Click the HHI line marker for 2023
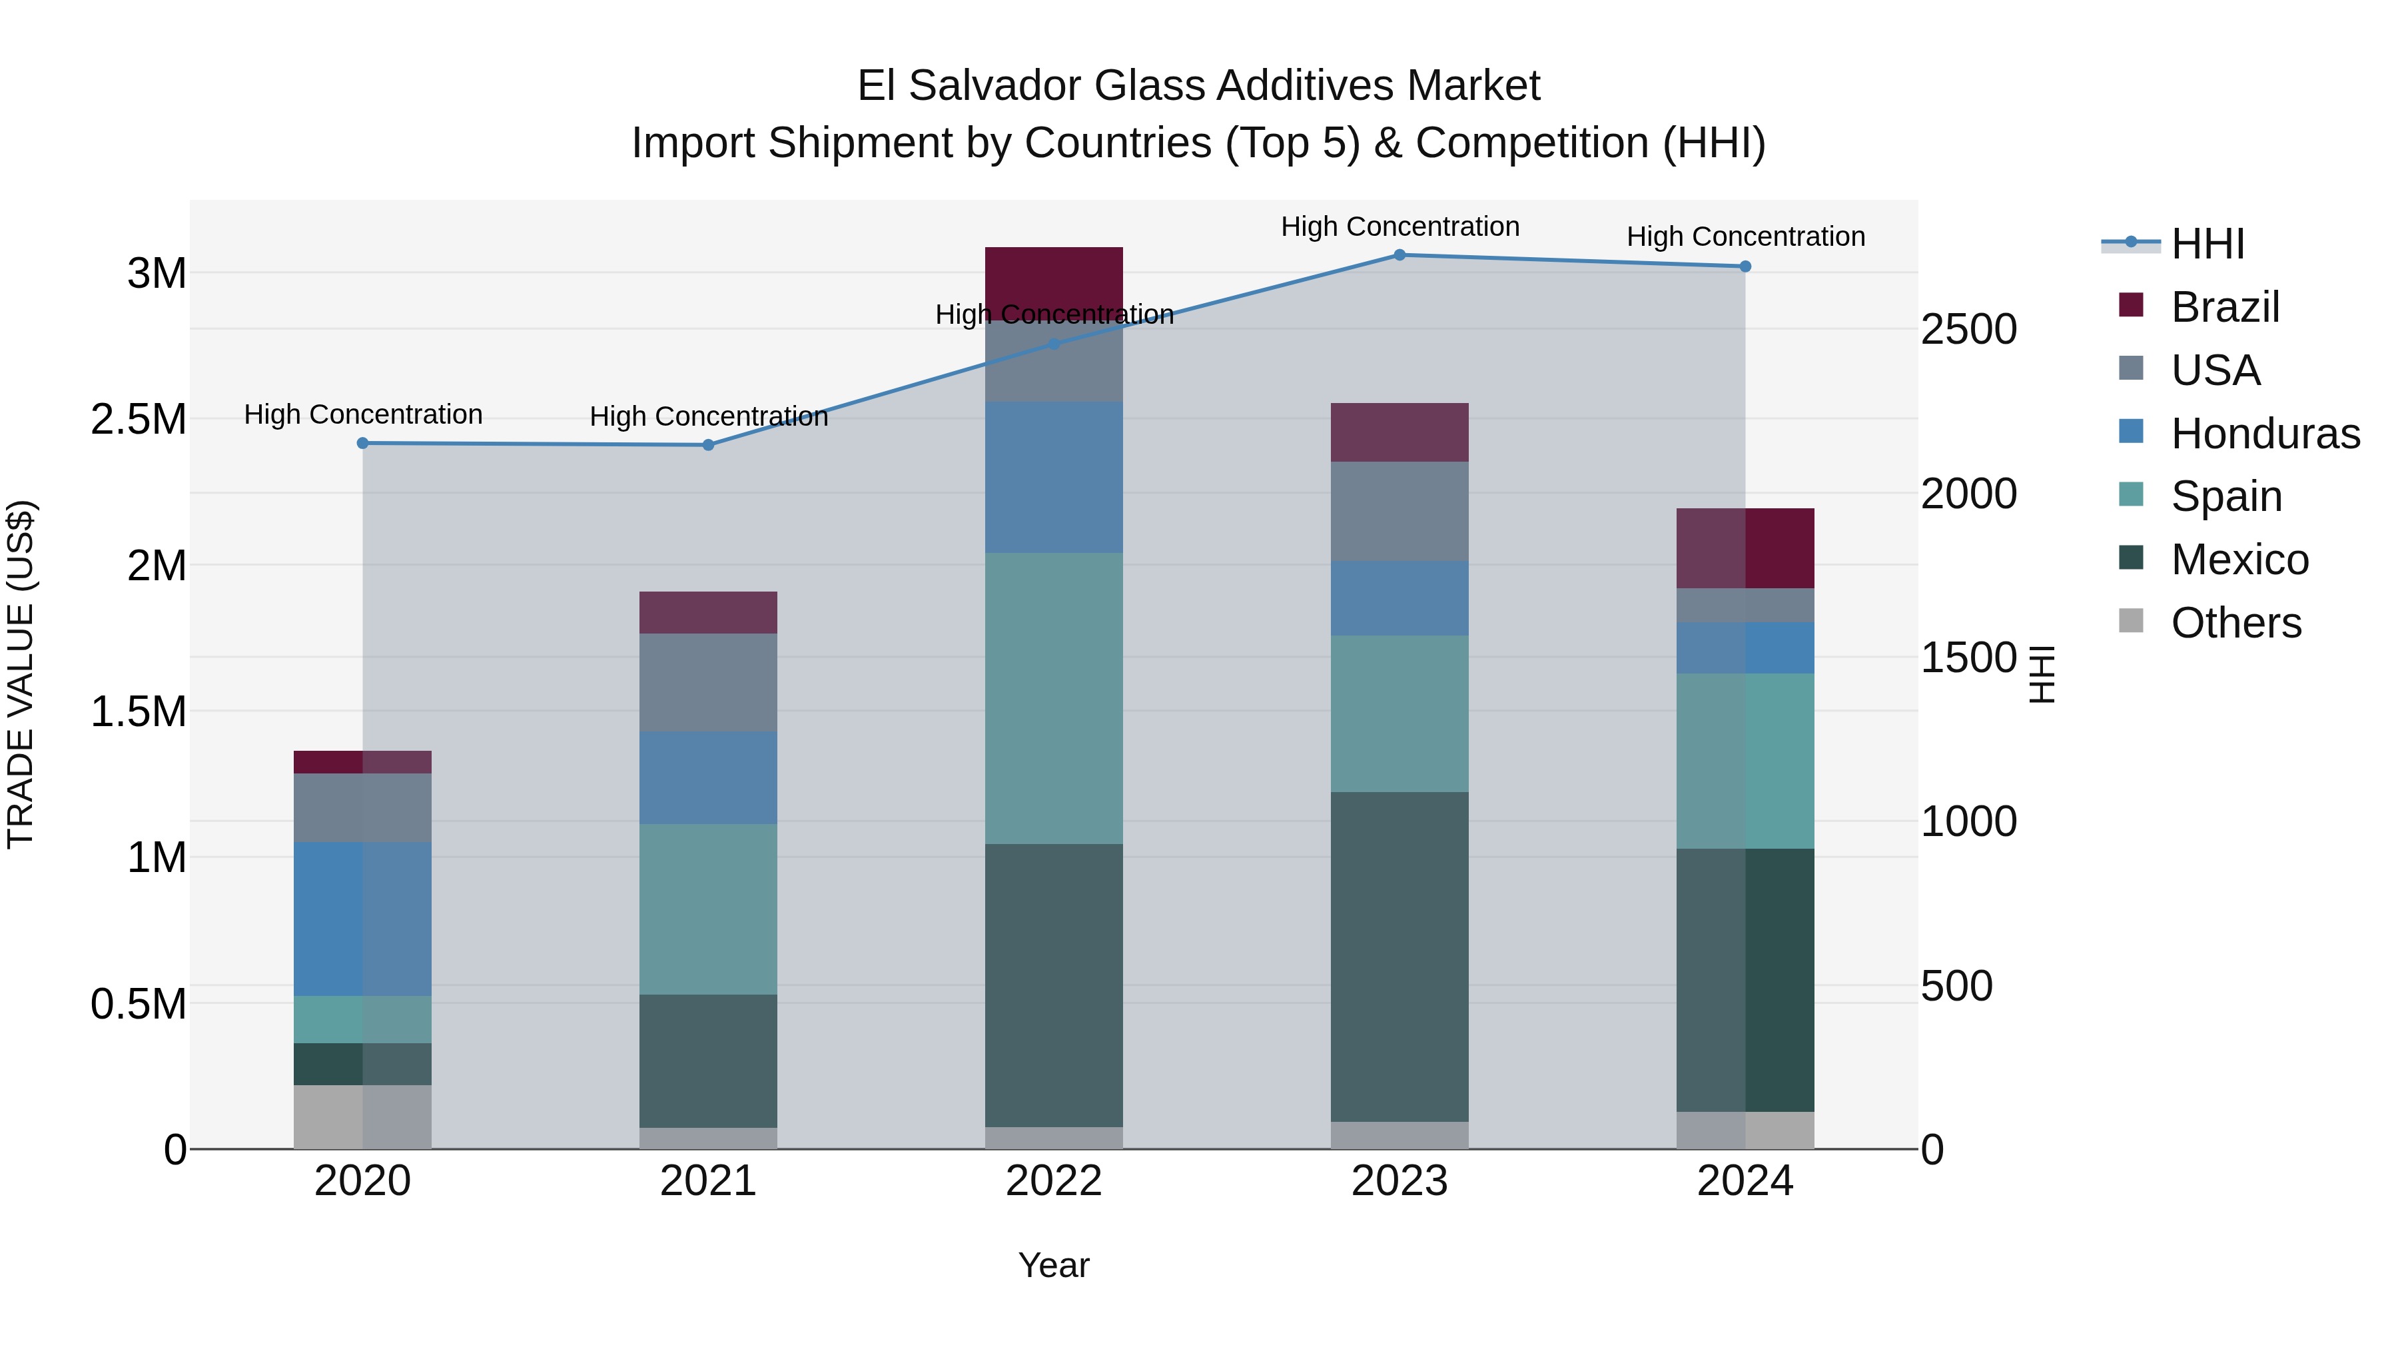click(1399, 255)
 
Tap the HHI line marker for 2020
click(363, 443)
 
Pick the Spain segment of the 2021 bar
click(709, 909)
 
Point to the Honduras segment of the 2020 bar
click(363, 918)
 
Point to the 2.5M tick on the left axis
click(138, 420)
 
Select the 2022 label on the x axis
click(1054, 1181)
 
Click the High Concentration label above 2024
click(1745, 236)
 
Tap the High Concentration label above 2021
click(709, 416)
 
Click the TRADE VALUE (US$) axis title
click(21, 674)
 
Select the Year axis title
click(1054, 1265)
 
